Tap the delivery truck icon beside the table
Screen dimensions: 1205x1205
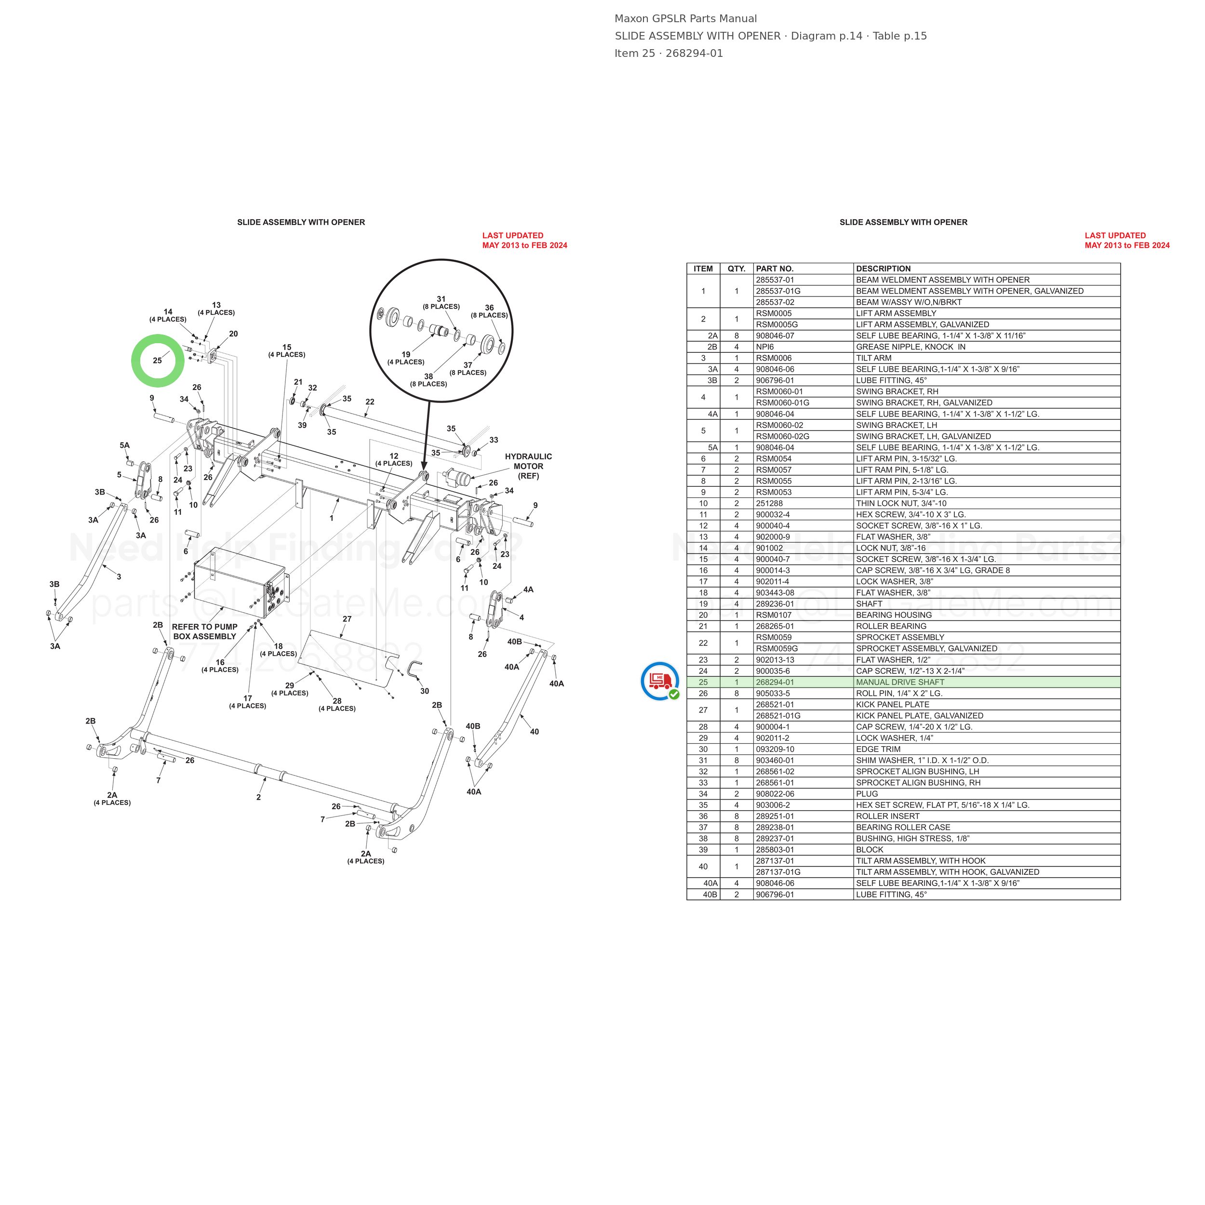point(660,681)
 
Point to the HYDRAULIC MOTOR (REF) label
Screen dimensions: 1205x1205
point(528,467)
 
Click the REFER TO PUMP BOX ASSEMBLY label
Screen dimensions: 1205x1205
point(204,632)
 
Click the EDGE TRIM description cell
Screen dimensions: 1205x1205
point(878,749)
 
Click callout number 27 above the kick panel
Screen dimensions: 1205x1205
point(348,619)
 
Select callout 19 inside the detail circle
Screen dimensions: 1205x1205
point(406,354)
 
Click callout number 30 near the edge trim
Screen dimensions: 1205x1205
point(425,691)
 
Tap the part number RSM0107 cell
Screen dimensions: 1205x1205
point(774,615)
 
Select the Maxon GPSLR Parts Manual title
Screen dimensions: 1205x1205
point(686,19)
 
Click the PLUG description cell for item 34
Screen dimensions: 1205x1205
point(867,794)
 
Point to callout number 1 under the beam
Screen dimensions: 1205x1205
point(331,518)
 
